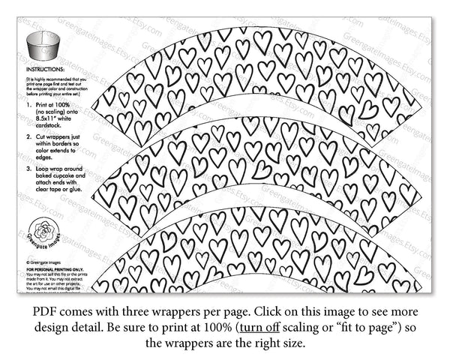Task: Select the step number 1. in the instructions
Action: (29, 103)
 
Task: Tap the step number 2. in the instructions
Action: (29, 139)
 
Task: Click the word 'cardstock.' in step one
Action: (49, 124)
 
